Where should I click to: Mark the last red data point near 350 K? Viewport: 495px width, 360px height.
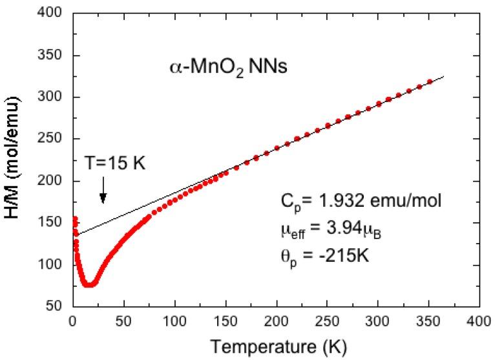tap(429, 82)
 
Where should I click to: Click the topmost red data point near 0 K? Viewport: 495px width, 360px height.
tap(74, 218)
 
